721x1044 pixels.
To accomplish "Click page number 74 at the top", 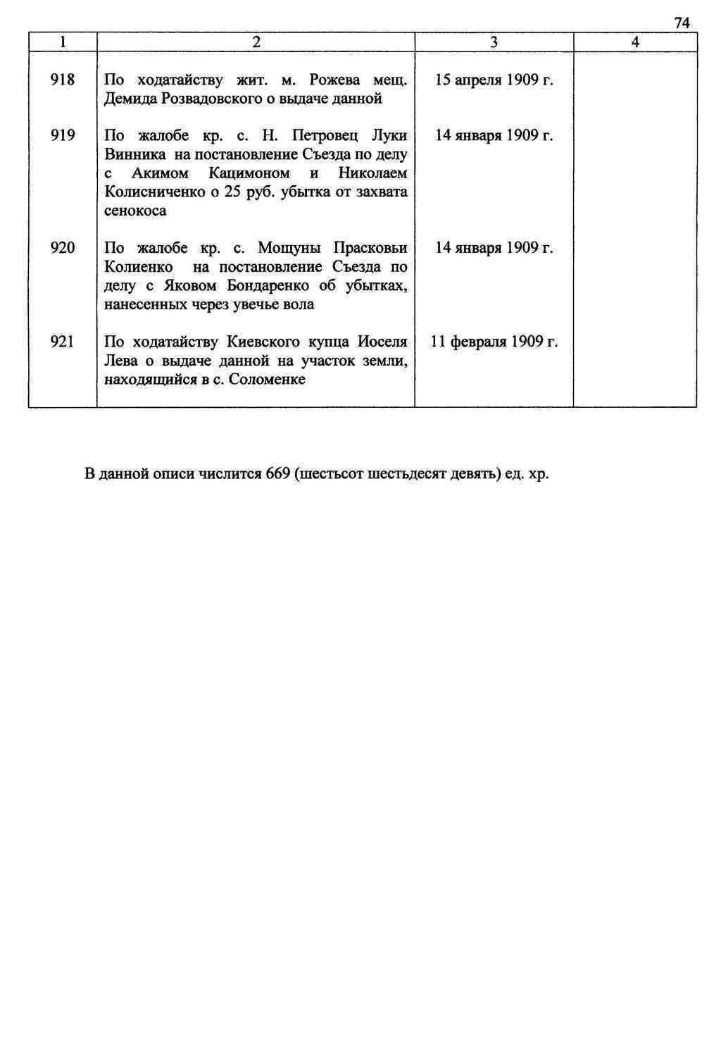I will pyautogui.click(x=682, y=23).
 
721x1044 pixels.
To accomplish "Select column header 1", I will pyautogui.click(x=63, y=42).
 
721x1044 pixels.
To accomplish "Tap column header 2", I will pyautogui.click(x=256, y=42).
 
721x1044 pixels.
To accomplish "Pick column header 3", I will pyautogui.click(x=494, y=42).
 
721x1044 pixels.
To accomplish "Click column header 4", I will pyautogui.click(x=635, y=42).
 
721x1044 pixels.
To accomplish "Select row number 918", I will pyautogui.click(x=63, y=80).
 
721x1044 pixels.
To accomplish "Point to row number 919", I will pyautogui.click(x=63, y=135).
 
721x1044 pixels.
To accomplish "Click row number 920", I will pyautogui.click(x=63, y=248).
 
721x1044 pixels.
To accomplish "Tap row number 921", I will pyautogui.click(x=63, y=342).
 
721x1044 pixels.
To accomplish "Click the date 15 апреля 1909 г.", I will pyautogui.click(x=494, y=80).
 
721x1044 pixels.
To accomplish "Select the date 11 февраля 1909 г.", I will pyautogui.click(x=494, y=342).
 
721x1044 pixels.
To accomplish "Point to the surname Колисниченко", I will pyautogui.click(x=155, y=192).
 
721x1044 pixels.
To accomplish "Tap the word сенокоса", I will pyautogui.click(x=135, y=211).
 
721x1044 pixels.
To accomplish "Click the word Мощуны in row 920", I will pyautogui.click(x=289, y=248).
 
